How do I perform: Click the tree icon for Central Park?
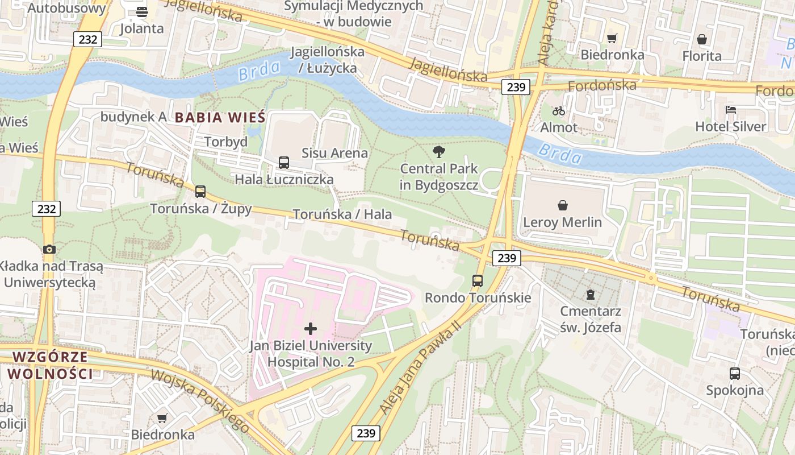[438, 152]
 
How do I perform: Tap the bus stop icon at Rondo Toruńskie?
[478, 280]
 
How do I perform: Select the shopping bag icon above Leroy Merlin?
[562, 205]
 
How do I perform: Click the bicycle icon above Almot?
[559, 110]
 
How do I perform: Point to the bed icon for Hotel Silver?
[731, 109]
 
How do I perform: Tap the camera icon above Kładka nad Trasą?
[49, 249]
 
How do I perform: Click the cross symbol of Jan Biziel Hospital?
[311, 328]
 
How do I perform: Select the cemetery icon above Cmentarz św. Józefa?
[591, 294]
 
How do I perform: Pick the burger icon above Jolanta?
[142, 11]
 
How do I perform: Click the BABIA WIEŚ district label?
[220, 118]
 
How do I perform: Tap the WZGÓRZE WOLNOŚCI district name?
[50, 365]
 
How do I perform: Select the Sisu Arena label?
[334, 153]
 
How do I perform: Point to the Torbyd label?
[225, 142]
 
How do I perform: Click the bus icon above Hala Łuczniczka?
[284, 163]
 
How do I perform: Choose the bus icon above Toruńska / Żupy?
[200, 192]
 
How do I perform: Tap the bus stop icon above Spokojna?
[735, 374]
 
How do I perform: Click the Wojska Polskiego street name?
[200, 400]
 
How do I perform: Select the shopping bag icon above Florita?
[702, 39]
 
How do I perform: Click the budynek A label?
[133, 117]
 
